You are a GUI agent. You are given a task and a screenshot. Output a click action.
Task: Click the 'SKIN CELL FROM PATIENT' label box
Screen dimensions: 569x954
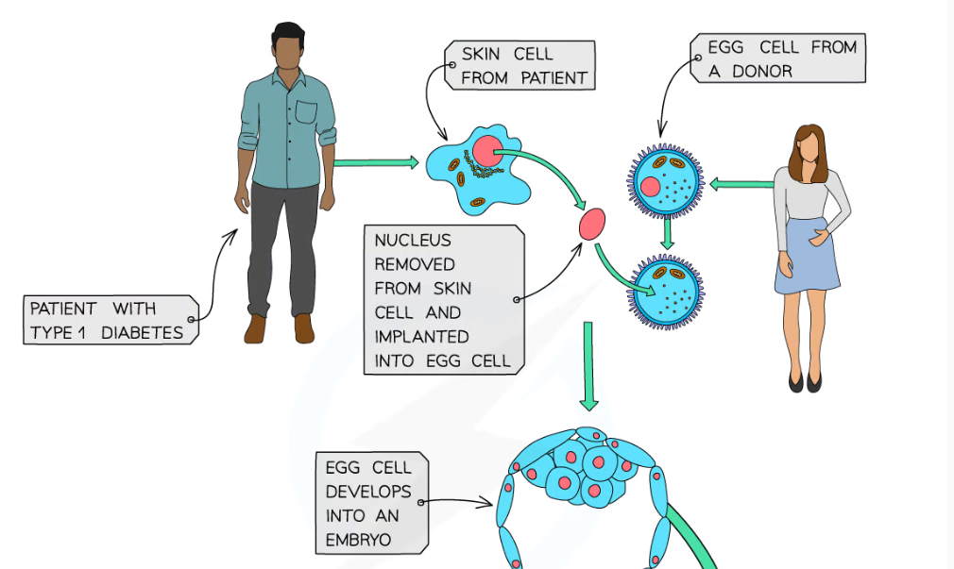point(520,66)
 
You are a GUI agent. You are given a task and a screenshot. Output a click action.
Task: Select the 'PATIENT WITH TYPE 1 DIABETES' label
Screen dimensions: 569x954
point(110,321)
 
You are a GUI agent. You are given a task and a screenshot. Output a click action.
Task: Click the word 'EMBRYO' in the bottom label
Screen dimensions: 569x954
point(358,540)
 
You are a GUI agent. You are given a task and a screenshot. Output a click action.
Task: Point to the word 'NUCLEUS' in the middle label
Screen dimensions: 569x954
point(413,241)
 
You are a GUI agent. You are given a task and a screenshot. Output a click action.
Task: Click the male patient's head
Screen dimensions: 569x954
point(288,48)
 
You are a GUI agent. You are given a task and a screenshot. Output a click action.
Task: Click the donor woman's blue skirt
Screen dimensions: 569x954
point(808,256)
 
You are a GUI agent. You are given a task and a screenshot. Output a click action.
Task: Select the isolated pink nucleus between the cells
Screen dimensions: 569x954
point(592,225)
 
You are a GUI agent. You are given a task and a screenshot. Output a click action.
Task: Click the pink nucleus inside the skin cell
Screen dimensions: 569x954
point(488,152)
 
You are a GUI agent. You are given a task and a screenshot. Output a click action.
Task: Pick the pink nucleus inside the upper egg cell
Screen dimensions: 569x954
point(651,187)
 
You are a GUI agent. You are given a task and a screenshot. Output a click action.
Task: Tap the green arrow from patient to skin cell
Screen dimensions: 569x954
point(375,162)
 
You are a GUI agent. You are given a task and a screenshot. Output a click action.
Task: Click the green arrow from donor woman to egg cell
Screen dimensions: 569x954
point(741,185)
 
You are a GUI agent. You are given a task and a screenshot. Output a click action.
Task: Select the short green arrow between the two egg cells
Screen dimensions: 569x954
point(668,233)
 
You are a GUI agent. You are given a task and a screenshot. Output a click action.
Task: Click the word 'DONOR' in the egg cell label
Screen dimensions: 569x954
point(762,71)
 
